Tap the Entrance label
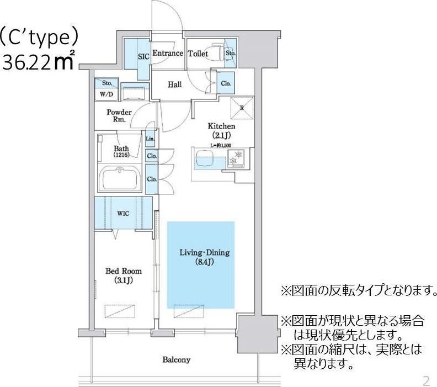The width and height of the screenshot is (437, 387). point(167,54)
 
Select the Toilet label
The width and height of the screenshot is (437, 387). point(198,54)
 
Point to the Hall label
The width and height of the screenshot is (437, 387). point(175,84)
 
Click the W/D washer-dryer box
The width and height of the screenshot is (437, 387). point(106,94)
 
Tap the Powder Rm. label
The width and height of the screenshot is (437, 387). point(119,115)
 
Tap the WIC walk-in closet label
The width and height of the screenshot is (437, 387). point(123,213)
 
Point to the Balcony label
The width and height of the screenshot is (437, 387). point(176,360)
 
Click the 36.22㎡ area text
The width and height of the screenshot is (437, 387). point(39,62)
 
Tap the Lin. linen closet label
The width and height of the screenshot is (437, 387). point(150,139)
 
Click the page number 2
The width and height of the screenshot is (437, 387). point(425,380)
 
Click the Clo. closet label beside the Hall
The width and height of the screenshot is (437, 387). point(226,83)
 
